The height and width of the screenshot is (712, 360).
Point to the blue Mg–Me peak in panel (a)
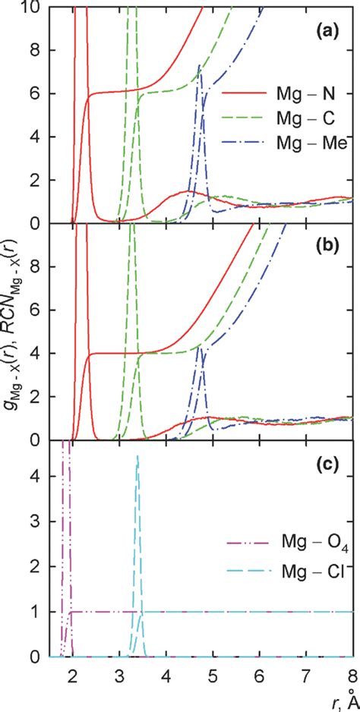tap(199, 66)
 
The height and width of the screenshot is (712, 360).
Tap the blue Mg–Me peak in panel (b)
tap(200, 348)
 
